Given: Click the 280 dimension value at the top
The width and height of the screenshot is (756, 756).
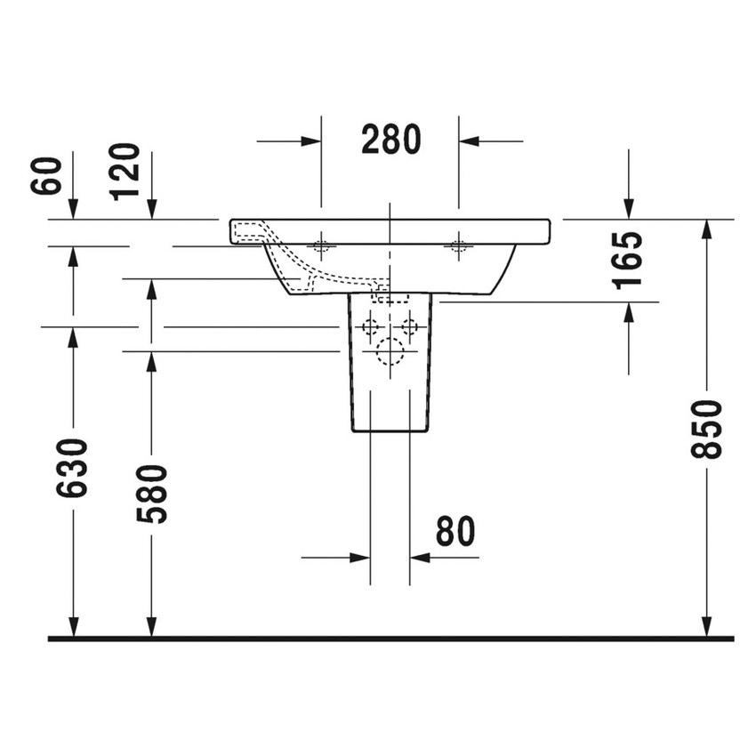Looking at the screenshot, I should (390, 140).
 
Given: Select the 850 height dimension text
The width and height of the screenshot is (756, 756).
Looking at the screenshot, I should (707, 429).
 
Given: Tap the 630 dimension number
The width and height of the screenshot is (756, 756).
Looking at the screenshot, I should (73, 468).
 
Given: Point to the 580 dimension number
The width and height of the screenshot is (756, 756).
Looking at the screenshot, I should (151, 494).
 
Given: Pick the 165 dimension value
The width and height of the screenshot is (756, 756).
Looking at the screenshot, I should (629, 260).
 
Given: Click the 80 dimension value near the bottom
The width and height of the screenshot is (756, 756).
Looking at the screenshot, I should (455, 532).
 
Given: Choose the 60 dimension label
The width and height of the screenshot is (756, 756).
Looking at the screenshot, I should (47, 175).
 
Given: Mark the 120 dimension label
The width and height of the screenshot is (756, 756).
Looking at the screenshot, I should (125, 171).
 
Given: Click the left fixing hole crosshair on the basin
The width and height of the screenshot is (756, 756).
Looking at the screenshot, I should (321, 245).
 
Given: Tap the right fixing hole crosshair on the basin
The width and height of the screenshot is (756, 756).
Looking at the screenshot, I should (459, 245).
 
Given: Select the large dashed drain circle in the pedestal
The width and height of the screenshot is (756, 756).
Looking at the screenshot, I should (390, 353).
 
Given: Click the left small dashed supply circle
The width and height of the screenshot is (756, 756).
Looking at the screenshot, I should (370, 326).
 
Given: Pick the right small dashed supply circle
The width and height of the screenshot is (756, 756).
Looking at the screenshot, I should (409, 326).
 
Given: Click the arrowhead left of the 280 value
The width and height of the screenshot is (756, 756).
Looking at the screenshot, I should (310, 141).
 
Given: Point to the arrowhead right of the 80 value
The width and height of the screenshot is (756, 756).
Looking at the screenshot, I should (421, 558).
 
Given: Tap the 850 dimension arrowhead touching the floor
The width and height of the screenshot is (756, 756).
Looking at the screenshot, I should (707, 627).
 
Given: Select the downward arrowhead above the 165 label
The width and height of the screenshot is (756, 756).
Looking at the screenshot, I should (629, 208).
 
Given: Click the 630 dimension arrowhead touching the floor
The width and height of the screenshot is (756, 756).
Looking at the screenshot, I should (73, 627).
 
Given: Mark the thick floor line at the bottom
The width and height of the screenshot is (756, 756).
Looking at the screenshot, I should (390, 639).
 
